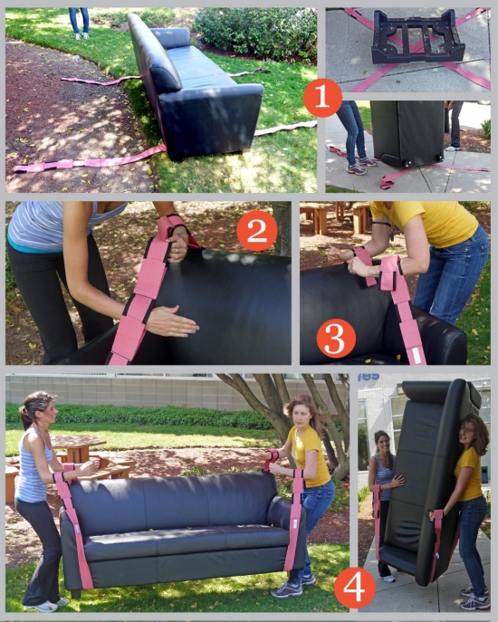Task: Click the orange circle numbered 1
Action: [322, 97]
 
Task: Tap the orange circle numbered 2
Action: [256, 231]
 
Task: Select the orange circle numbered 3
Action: [336, 339]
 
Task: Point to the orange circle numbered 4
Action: [354, 588]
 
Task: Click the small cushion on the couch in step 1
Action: [171, 38]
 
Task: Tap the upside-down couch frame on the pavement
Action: [417, 36]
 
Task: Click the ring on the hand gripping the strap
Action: [177, 251]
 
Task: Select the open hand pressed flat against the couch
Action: [171, 321]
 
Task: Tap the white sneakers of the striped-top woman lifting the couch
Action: [44, 606]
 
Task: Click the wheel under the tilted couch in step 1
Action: [406, 163]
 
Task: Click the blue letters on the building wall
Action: [369, 377]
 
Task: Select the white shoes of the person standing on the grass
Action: [81, 36]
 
